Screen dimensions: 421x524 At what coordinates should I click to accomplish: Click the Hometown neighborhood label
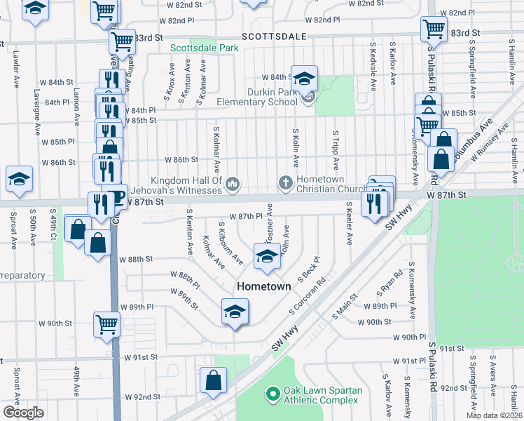tap(264, 286)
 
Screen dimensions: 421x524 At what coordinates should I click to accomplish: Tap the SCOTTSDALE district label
tap(276, 35)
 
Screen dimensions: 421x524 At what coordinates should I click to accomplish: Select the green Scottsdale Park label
tap(205, 48)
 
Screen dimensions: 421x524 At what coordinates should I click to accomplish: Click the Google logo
tap(23, 413)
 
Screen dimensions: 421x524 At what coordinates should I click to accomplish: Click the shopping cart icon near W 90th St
tap(107, 324)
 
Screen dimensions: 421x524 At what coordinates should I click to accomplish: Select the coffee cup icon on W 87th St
tap(114, 196)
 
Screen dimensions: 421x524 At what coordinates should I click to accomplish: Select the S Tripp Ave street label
tap(336, 149)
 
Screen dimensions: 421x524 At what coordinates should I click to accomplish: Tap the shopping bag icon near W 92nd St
tap(212, 381)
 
